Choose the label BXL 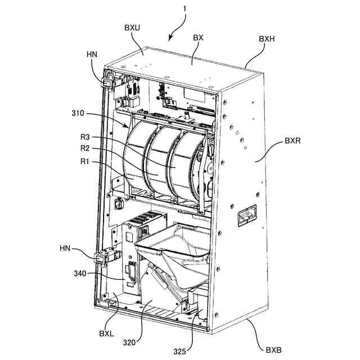coord(107,333)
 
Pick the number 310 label coord(78,113)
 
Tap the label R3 coord(84,137)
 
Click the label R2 coord(84,149)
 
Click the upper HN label coord(92,54)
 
